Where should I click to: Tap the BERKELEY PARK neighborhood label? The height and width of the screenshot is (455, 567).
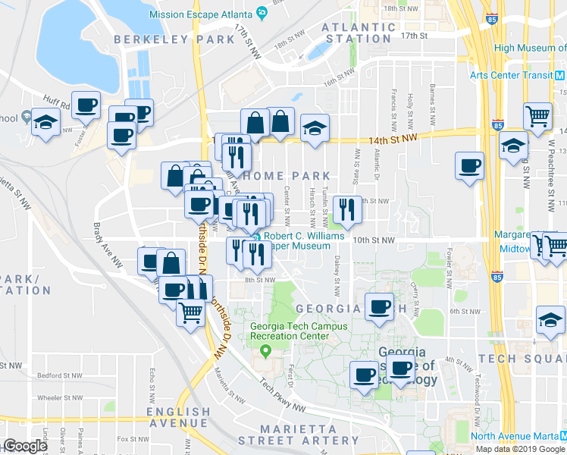[164, 39]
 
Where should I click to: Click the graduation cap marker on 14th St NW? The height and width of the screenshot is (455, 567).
[314, 127]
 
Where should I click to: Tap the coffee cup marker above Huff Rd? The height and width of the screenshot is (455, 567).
[86, 105]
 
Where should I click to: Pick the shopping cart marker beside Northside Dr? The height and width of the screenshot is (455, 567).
[191, 311]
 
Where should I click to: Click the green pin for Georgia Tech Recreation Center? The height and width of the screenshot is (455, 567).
[265, 351]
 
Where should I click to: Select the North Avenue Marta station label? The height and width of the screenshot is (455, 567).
[515, 436]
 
